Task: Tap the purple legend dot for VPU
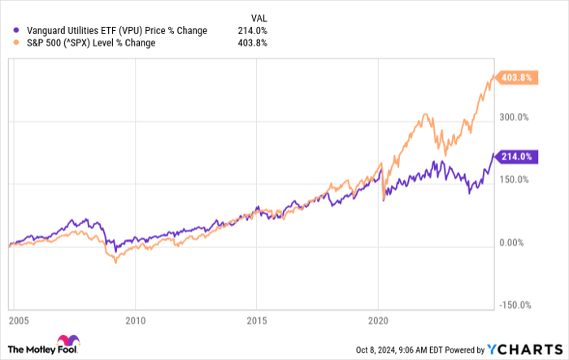point(9,31)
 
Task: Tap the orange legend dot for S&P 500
point(9,43)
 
